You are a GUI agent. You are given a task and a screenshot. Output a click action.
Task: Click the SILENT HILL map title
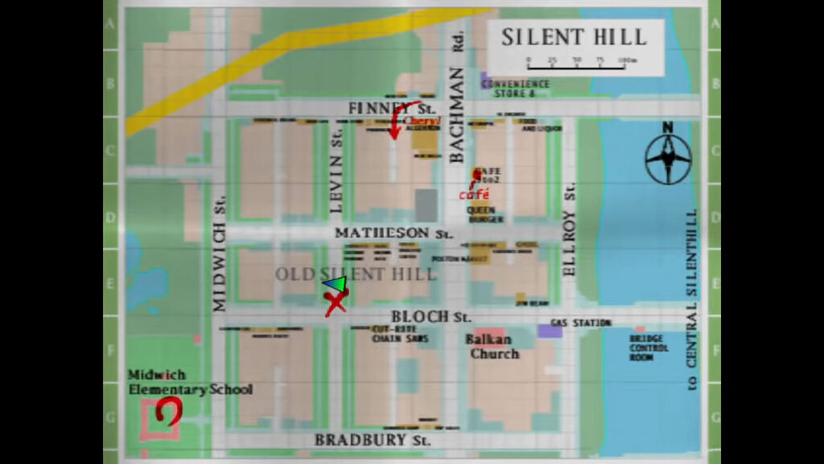click(574, 37)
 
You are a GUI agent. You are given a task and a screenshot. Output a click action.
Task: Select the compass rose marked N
click(668, 157)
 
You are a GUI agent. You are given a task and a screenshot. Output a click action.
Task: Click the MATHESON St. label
click(394, 233)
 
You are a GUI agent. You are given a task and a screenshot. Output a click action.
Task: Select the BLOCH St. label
click(431, 317)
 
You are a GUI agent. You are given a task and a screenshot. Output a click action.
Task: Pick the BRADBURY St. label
click(373, 440)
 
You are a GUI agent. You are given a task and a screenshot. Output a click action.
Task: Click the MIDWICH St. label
click(220, 255)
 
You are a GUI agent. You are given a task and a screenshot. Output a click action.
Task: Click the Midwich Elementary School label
click(190, 383)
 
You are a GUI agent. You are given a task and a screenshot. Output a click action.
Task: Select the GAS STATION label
click(581, 323)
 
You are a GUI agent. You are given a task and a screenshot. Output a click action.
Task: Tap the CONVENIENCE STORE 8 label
click(515, 88)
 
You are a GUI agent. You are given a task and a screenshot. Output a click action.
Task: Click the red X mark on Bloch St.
click(336, 304)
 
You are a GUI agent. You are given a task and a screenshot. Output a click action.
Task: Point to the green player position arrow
click(336, 284)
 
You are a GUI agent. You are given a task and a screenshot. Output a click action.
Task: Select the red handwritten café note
click(473, 194)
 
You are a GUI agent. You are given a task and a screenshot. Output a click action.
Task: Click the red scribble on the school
click(169, 412)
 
